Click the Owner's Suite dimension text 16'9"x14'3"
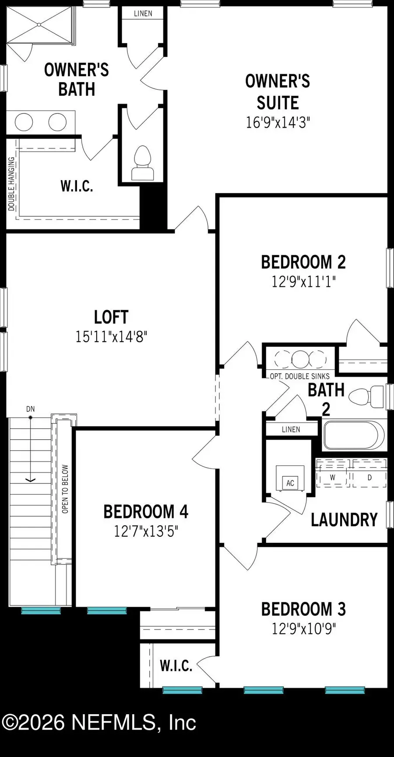278,122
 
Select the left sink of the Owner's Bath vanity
24,122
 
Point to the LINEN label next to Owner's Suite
143,14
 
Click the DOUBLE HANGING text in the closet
12,184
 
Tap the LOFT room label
111,317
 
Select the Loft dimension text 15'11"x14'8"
111,337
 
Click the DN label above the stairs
30,409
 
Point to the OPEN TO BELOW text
65,489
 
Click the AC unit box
290,483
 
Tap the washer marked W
333,477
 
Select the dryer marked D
369,477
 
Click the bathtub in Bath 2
354,435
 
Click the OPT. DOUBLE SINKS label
299,376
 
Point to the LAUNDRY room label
344,520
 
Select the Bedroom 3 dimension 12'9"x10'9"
303,629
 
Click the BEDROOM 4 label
146,511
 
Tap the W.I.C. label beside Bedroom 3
176,666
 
